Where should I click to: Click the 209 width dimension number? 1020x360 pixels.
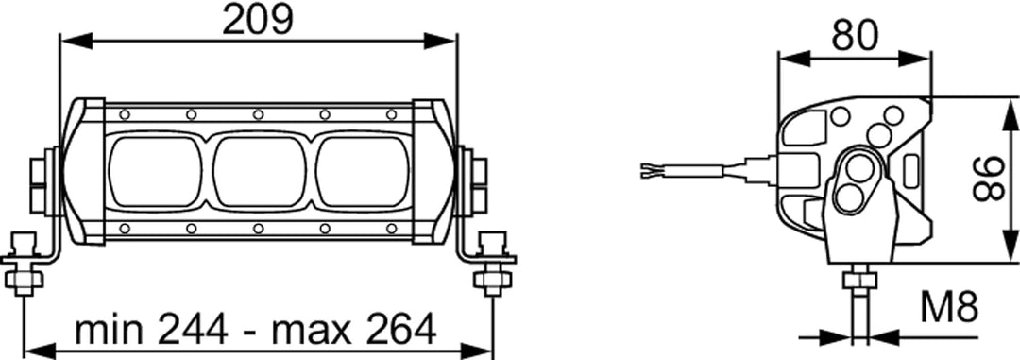click(x=258, y=20)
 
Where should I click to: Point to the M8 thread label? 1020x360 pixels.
click(x=950, y=309)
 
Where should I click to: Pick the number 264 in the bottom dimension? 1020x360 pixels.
click(x=400, y=330)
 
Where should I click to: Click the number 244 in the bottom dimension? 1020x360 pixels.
click(x=193, y=330)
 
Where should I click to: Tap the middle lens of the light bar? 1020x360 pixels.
click(x=260, y=171)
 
